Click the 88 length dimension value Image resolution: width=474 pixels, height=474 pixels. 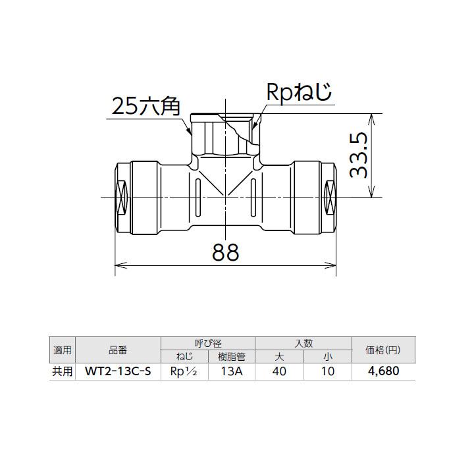pyautogui.click(x=225, y=252)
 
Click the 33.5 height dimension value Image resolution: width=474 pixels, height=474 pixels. pyautogui.click(x=359, y=156)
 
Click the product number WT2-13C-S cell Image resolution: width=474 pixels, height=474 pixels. pyautogui.click(x=118, y=371)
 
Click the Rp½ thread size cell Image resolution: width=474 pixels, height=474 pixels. pyautogui.click(x=184, y=371)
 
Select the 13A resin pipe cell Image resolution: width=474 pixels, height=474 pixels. pyautogui.click(x=231, y=371)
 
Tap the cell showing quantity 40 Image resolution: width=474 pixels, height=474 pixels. pyautogui.click(x=278, y=371)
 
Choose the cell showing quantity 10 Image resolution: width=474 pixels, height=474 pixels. pyautogui.click(x=327, y=371)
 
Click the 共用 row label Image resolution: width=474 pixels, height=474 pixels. pyautogui.click(x=63, y=371)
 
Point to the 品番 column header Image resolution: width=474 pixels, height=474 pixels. pyautogui.click(x=118, y=350)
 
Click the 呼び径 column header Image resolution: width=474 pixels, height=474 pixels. pyautogui.click(x=207, y=343)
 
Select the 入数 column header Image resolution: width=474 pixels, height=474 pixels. pyautogui.click(x=303, y=343)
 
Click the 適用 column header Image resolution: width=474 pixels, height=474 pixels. pyautogui.click(x=63, y=350)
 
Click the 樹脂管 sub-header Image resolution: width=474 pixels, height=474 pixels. pyautogui.click(x=231, y=357)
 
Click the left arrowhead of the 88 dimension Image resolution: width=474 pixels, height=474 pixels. pyautogui.click(x=119, y=266)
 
